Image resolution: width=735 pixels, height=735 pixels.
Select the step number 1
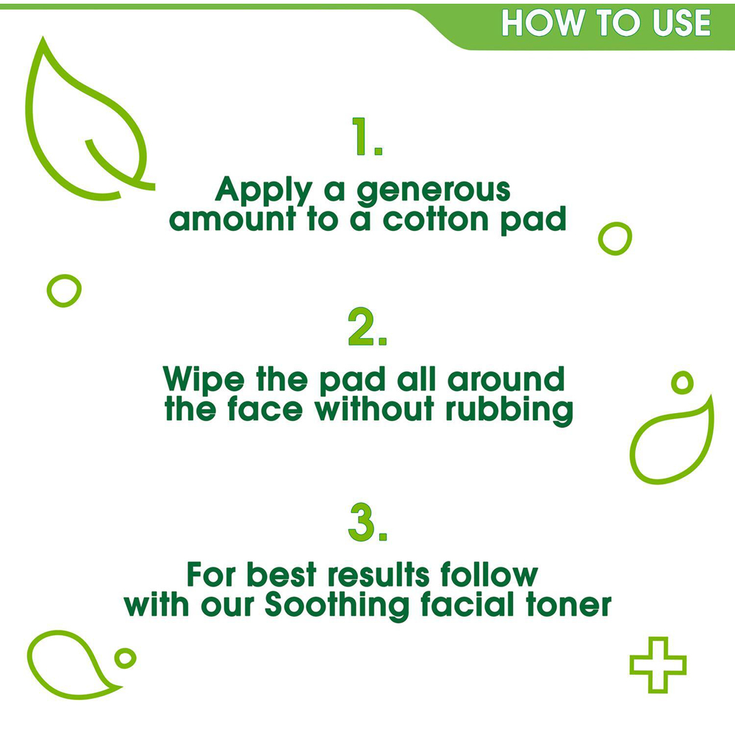coord(367,136)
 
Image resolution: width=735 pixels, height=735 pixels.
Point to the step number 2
coord(367,327)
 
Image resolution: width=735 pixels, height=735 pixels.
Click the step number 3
coord(367,522)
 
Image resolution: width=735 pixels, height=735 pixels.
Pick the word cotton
coord(435,220)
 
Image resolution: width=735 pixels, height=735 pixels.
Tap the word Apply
coord(264,190)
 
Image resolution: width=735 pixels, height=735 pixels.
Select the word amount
coord(232,220)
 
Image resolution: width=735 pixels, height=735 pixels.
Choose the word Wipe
coord(204,380)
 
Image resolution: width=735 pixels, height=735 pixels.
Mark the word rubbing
coord(509,410)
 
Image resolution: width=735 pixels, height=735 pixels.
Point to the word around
coord(506,380)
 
